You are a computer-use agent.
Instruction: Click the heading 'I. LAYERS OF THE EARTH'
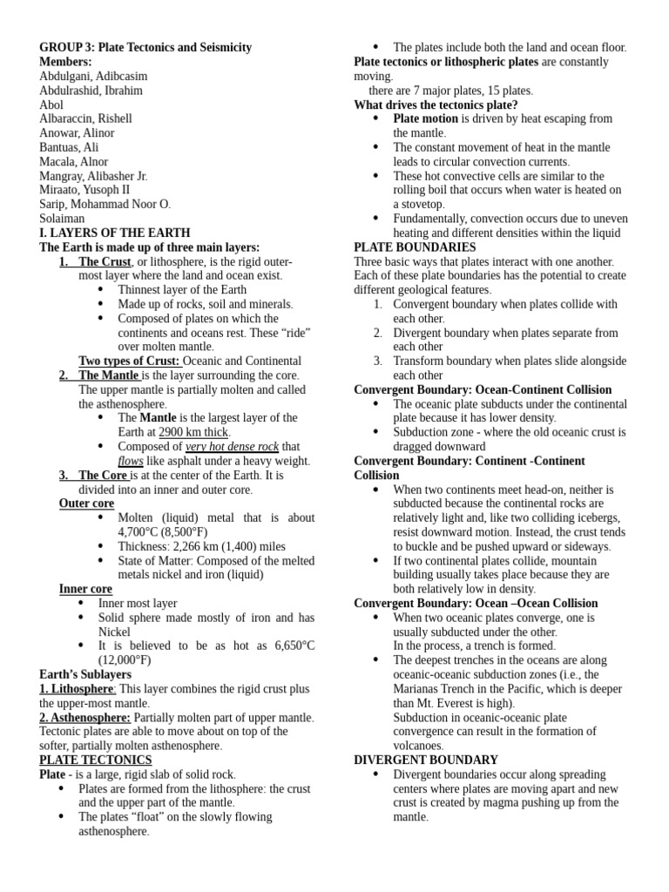[115, 233]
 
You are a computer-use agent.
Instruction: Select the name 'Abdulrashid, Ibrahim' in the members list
[91, 91]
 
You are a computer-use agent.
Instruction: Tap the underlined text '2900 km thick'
[194, 432]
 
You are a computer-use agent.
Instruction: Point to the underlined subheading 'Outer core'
[86, 503]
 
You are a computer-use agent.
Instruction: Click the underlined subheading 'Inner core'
[85, 589]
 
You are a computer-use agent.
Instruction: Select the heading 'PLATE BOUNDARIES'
[415, 247]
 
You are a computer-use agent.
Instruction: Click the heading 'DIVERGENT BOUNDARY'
[426, 760]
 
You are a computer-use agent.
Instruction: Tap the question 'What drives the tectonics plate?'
[436, 105]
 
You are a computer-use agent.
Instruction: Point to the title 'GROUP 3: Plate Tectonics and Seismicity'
[145, 48]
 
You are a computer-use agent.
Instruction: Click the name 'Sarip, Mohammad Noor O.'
[105, 204]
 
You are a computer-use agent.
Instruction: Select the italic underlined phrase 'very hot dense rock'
[232, 447]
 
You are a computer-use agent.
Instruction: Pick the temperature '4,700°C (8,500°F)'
[163, 531]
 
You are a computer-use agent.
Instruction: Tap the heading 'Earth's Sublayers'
[85, 674]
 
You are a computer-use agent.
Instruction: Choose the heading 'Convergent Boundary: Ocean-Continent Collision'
[483, 389]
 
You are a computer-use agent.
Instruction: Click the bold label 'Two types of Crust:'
[129, 361]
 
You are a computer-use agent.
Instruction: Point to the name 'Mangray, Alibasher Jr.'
[93, 176]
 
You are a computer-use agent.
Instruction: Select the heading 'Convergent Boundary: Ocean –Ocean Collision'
[476, 603]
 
